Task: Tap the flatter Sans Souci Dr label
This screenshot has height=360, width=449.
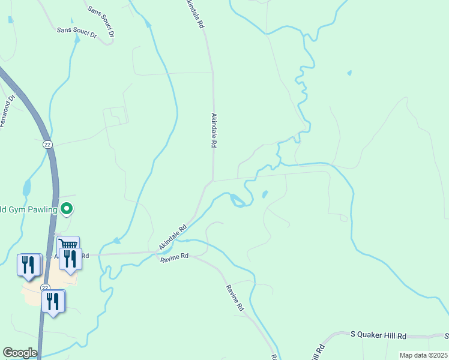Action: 76,32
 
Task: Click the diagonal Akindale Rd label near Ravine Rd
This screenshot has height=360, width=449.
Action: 173,238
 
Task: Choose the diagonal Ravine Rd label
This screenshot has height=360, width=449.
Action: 235,297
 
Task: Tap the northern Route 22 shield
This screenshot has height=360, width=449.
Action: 47,145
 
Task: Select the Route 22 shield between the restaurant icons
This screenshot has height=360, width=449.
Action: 46,288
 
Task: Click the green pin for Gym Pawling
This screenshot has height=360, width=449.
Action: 67,209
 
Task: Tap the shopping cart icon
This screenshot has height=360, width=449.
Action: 68,245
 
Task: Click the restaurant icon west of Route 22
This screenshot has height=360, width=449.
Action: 28,264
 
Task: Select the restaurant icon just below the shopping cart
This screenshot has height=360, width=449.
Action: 71,259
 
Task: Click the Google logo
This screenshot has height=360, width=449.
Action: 20,353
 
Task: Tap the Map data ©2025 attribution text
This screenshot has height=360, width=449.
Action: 423,355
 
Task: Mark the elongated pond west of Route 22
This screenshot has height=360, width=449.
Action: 26,188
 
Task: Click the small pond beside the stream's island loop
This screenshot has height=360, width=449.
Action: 265,194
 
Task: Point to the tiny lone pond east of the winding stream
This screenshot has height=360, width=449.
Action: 349,73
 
